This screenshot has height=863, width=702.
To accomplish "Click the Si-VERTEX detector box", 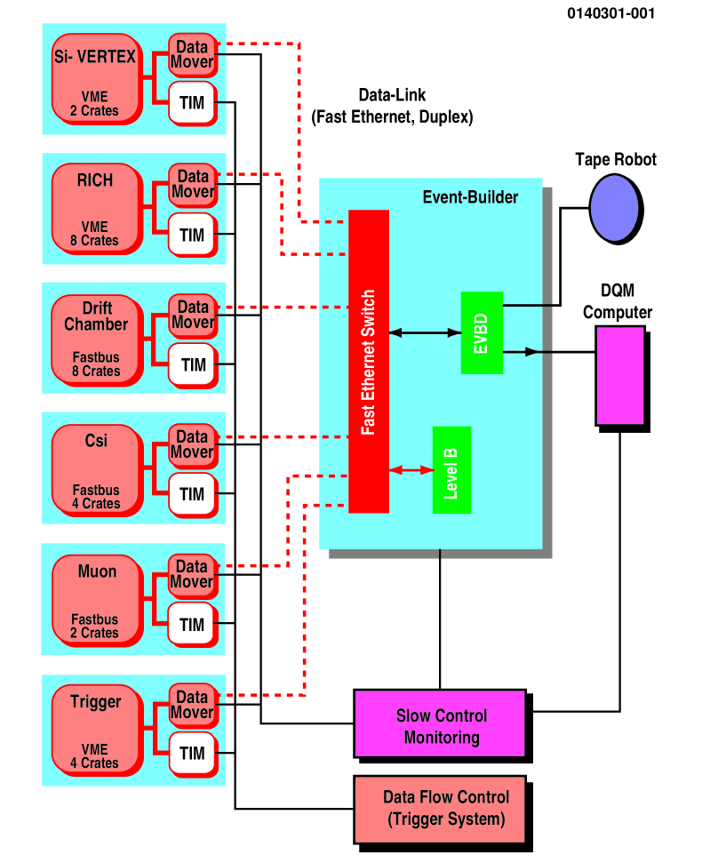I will pos(96,80).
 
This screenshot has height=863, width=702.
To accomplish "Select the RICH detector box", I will pos(96,210).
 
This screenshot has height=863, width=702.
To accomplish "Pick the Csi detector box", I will pos(96,468).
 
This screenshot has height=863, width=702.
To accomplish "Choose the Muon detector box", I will pos(96,598).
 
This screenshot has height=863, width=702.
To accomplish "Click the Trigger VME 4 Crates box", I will pos(96,728).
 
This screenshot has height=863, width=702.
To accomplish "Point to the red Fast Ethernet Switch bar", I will pos(368,361).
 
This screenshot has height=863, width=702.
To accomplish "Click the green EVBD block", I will pos(482,332).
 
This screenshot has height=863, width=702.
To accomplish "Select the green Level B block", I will pos(451,469).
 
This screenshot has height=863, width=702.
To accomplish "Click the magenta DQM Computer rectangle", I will pos(619,375).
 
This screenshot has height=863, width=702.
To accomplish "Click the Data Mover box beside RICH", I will pos(192,184).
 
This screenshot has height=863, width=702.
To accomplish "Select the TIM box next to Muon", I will pos(192,624).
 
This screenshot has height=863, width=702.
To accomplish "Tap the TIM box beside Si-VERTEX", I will pos(192,102).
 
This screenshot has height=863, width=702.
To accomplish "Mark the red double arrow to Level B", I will pos(411,470).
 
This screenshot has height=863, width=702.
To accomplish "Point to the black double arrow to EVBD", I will pos(424,332).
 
